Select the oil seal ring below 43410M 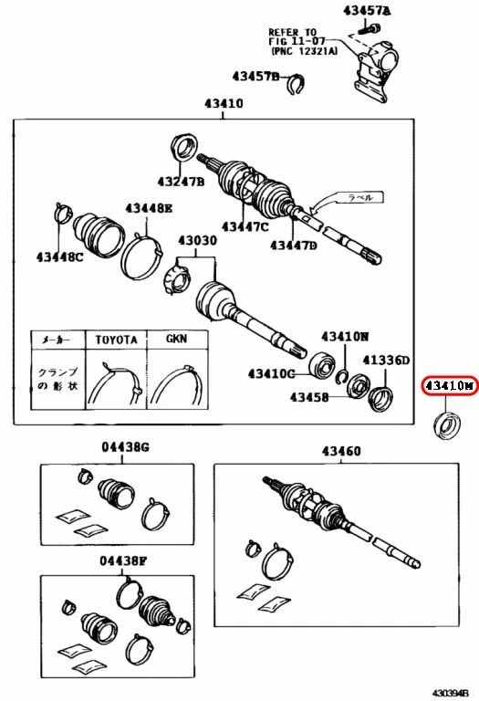point(448,424)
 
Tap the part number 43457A point(366,11)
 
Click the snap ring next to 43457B point(294,85)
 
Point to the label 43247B point(180,183)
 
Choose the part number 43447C point(244,226)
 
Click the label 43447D point(292,245)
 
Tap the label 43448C point(60,256)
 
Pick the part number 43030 point(197,241)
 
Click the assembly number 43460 point(340,451)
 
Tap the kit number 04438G point(124,446)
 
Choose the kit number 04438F point(123,560)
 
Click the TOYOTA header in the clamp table point(116,339)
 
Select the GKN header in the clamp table point(175,339)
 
